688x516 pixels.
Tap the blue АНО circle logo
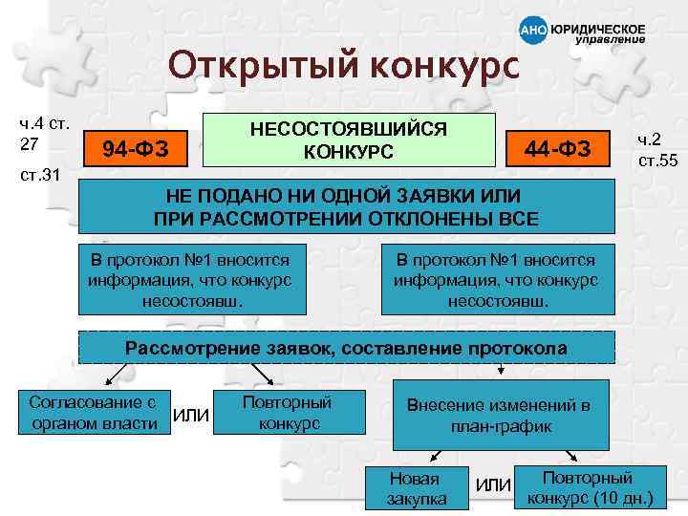[x=533, y=31]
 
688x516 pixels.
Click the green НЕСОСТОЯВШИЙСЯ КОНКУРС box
[x=352, y=140]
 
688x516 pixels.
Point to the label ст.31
[x=39, y=176]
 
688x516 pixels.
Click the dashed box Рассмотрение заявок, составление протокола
[x=346, y=348]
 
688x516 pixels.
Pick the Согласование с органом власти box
[x=93, y=411]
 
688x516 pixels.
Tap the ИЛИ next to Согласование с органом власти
[x=191, y=413]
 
